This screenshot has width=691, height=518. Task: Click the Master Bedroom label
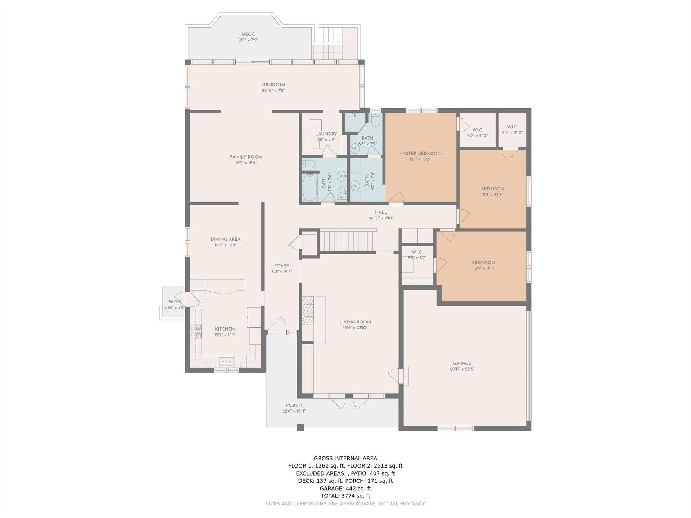pyautogui.click(x=420, y=153)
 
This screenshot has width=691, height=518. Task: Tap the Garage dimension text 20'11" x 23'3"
pyautogui.click(x=462, y=369)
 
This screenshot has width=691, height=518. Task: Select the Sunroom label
pyautogui.click(x=273, y=85)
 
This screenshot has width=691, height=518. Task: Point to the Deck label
pyautogui.click(x=248, y=35)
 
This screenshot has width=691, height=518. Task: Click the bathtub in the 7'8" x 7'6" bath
pyautogui.click(x=310, y=187)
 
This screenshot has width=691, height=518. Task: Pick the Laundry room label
pyautogui.click(x=326, y=134)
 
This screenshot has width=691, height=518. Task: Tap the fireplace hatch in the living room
pyautogui.click(x=308, y=311)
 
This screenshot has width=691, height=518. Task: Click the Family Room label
pyautogui.click(x=246, y=157)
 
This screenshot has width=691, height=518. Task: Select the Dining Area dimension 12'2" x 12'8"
pyautogui.click(x=226, y=245)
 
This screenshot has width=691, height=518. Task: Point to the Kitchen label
pyautogui.click(x=225, y=329)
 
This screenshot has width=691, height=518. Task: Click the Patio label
pyautogui.click(x=175, y=302)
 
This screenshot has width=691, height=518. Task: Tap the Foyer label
pyautogui.click(x=281, y=266)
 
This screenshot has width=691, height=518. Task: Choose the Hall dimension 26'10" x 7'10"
pyautogui.click(x=381, y=218)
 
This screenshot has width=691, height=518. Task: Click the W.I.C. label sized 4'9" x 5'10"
pyautogui.click(x=512, y=127)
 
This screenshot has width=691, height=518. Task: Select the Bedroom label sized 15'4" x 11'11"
pyautogui.click(x=484, y=263)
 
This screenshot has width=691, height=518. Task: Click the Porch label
pyautogui.click(x=294, y=405)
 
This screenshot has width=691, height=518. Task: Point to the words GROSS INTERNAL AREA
pyautogui.click(x=345, y=459)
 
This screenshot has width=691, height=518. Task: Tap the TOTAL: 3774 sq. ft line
pyautogui.click(x=345, y=496)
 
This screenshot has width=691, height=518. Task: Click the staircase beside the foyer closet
pyautogui.click(x=348, y=241)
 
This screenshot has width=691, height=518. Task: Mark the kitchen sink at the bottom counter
pyautogui.click(x=227, y=361)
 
